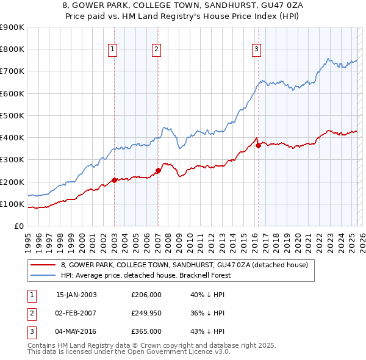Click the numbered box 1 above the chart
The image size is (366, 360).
point(114,50)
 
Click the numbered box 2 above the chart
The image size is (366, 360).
point(156,50)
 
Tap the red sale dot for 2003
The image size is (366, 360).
point(114,180)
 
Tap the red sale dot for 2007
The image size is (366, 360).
point(158,170)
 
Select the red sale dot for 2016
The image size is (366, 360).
point(258,145)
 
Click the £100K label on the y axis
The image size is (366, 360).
point(12,204)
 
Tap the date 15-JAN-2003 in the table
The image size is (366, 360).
point(76,295)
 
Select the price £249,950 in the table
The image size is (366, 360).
point(146,313)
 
